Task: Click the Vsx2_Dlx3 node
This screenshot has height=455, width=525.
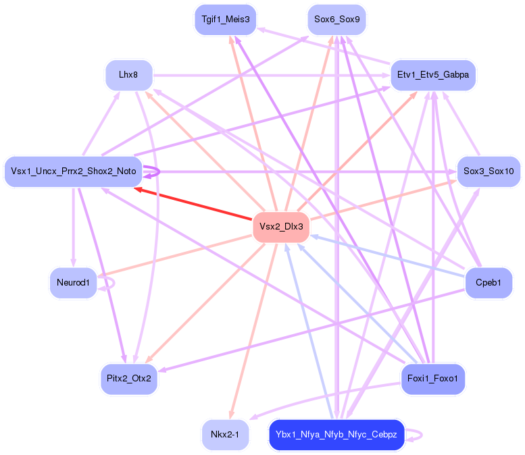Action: [x=281, y=227]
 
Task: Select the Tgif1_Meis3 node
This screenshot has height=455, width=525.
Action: [x=225, y=20]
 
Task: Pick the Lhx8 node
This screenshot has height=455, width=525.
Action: [x=128, y=75]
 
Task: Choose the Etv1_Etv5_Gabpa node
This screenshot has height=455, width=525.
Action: [x=433, y=75]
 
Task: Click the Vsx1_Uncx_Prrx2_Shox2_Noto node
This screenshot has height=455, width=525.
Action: [x=73, y=171]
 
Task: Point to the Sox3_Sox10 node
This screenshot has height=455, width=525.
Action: [x=489, y=171]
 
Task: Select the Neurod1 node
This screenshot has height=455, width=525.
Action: [x=73, y=282]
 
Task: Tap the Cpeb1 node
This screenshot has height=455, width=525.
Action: [x=489, y=282]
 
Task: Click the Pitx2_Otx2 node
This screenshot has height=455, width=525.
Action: [x=128, y=379]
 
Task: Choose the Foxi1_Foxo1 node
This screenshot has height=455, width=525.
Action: [x=433, y=379]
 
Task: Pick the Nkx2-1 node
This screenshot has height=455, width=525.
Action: [x=225, y=434]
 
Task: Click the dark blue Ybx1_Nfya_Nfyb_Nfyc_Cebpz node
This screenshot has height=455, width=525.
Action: [x=336, y=434]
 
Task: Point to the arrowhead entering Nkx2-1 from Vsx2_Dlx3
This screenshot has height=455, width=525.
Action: [x=232, y=414]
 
